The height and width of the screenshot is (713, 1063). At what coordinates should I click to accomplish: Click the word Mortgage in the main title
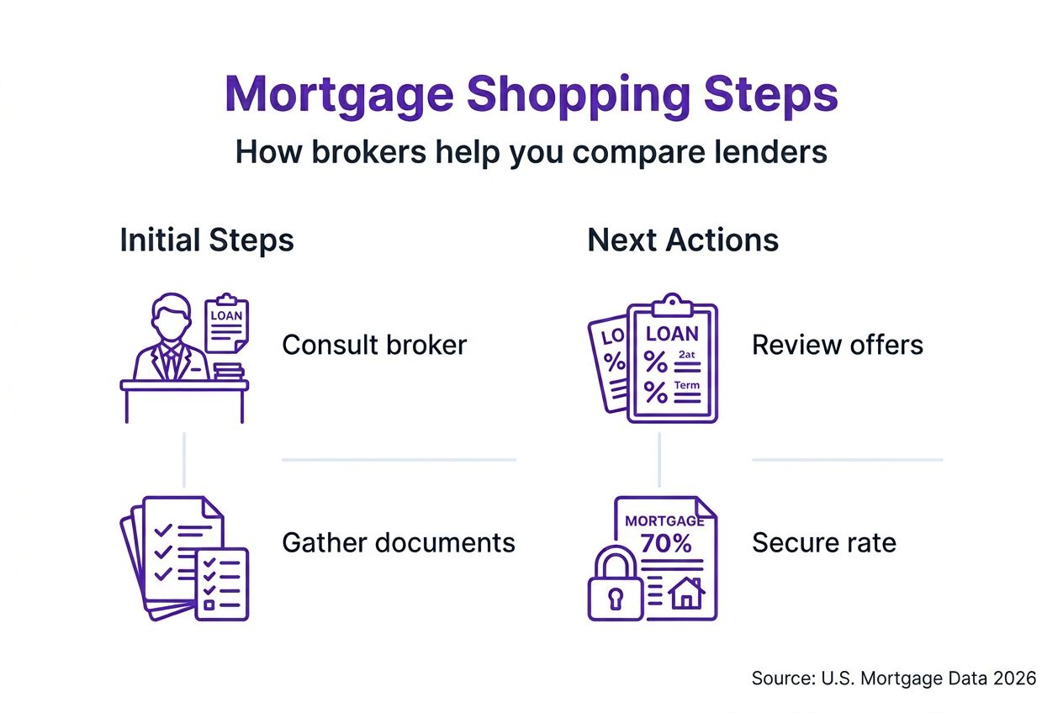pos(339,96)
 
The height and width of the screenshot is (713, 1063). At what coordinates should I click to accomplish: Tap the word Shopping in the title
pos(579,96)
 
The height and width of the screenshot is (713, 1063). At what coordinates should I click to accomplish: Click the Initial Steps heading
pos(207,240)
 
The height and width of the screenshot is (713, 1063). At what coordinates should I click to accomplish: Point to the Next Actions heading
pos(683,240)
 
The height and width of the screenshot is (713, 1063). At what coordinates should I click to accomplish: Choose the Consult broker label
pos(374,345)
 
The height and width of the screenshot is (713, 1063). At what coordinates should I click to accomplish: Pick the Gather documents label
pos(399,542)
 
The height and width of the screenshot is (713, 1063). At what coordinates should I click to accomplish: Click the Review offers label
pos(838,345)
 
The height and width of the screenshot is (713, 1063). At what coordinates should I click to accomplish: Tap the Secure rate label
pos(824,542)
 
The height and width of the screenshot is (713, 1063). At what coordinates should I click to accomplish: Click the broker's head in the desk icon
pos(172,316)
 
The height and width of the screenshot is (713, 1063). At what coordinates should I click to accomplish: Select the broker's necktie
pos(169,364)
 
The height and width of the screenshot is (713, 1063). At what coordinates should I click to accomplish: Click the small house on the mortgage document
pos(686,594)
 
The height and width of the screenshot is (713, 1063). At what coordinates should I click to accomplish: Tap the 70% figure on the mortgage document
pos(666,544)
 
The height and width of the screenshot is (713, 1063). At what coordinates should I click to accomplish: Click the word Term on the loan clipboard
pos(687,385)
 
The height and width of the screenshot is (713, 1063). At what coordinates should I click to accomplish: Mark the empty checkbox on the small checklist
pos(209,605)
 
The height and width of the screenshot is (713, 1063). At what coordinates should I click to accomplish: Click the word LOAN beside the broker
pos(226,316)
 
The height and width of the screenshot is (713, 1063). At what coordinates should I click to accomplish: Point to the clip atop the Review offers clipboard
pos(672,306)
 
